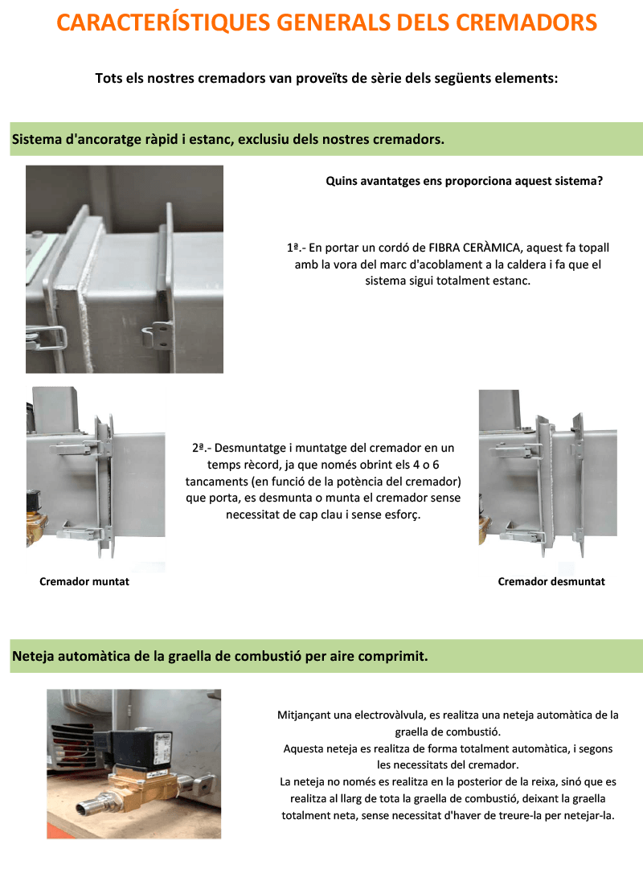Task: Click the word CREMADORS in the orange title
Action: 526,23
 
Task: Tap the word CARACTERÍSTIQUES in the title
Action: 164,23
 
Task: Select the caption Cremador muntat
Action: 84,581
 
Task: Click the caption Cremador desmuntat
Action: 551,581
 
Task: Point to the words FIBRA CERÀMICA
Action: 473,248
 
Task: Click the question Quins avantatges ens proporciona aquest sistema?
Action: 465,181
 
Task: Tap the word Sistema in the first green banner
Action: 37,139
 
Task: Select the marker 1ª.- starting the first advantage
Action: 296,248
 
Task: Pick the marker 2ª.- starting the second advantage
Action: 202,449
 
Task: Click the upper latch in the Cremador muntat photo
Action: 76,447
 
